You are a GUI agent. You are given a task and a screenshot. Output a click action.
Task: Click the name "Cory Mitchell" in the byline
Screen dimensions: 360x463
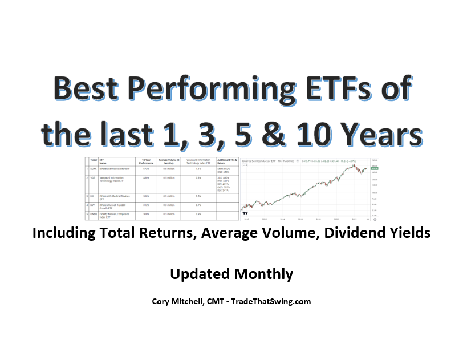click(x=179, y=301)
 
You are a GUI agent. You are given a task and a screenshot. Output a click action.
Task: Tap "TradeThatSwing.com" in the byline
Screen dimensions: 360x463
click(x=273, y=301)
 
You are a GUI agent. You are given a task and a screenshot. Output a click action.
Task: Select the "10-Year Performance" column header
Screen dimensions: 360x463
click(x=145, y=161)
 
